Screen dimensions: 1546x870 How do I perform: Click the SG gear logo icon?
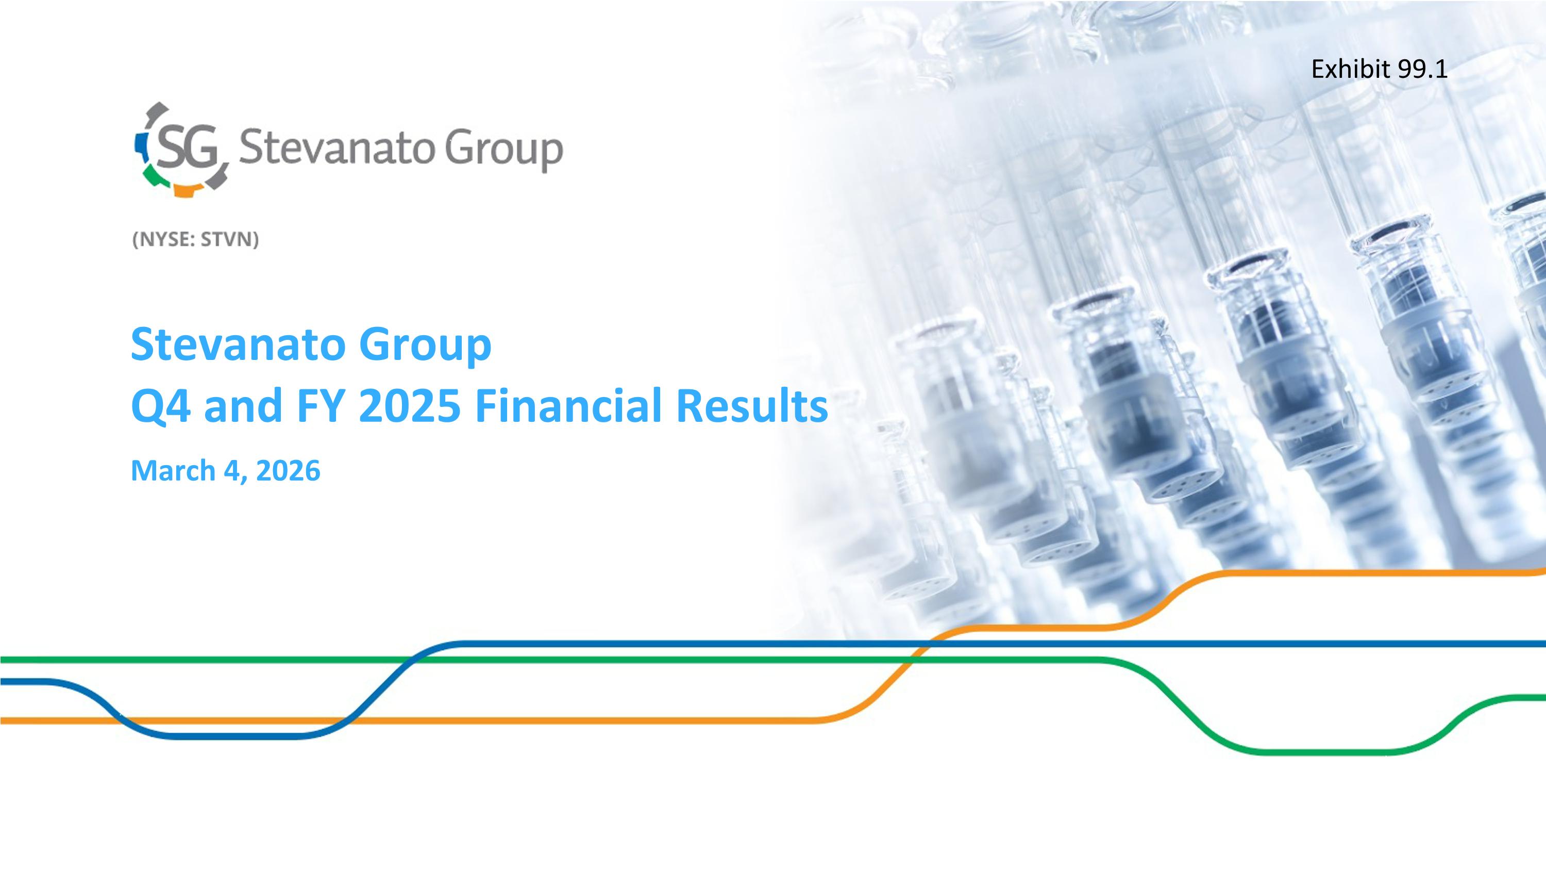[x=181, y=149]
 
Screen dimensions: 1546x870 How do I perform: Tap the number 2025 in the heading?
[x=410, y=405]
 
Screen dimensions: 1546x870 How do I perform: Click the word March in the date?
[x=173, y=470]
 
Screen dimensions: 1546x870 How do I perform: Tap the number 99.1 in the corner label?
[x=1423, y=70]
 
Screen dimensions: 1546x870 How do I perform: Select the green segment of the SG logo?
[x=154, y=175]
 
